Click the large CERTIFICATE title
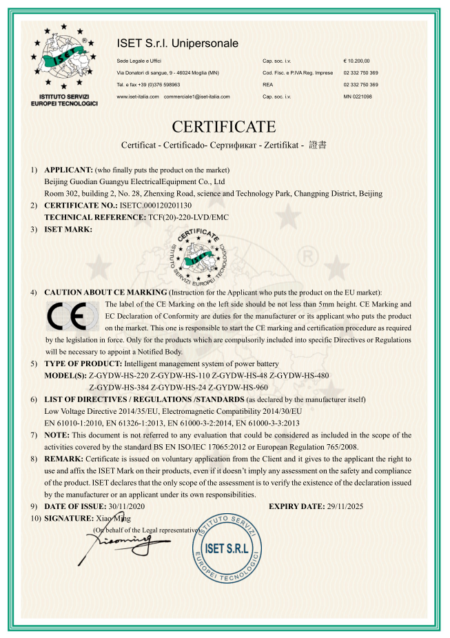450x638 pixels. (224, 127)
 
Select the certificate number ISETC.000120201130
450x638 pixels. (156, 206)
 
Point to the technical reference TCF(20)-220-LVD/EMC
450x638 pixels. (188, 217)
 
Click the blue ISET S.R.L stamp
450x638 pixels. (227, 548)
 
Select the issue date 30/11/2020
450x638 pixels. (120, 506)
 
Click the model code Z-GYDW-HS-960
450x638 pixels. (238, 387)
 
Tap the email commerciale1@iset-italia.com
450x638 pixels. (197, 97)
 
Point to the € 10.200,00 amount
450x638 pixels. (357, 61)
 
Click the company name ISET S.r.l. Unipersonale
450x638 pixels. (178, 43)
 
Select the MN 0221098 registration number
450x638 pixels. (358, 97)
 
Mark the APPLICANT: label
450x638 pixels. (68, 170)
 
